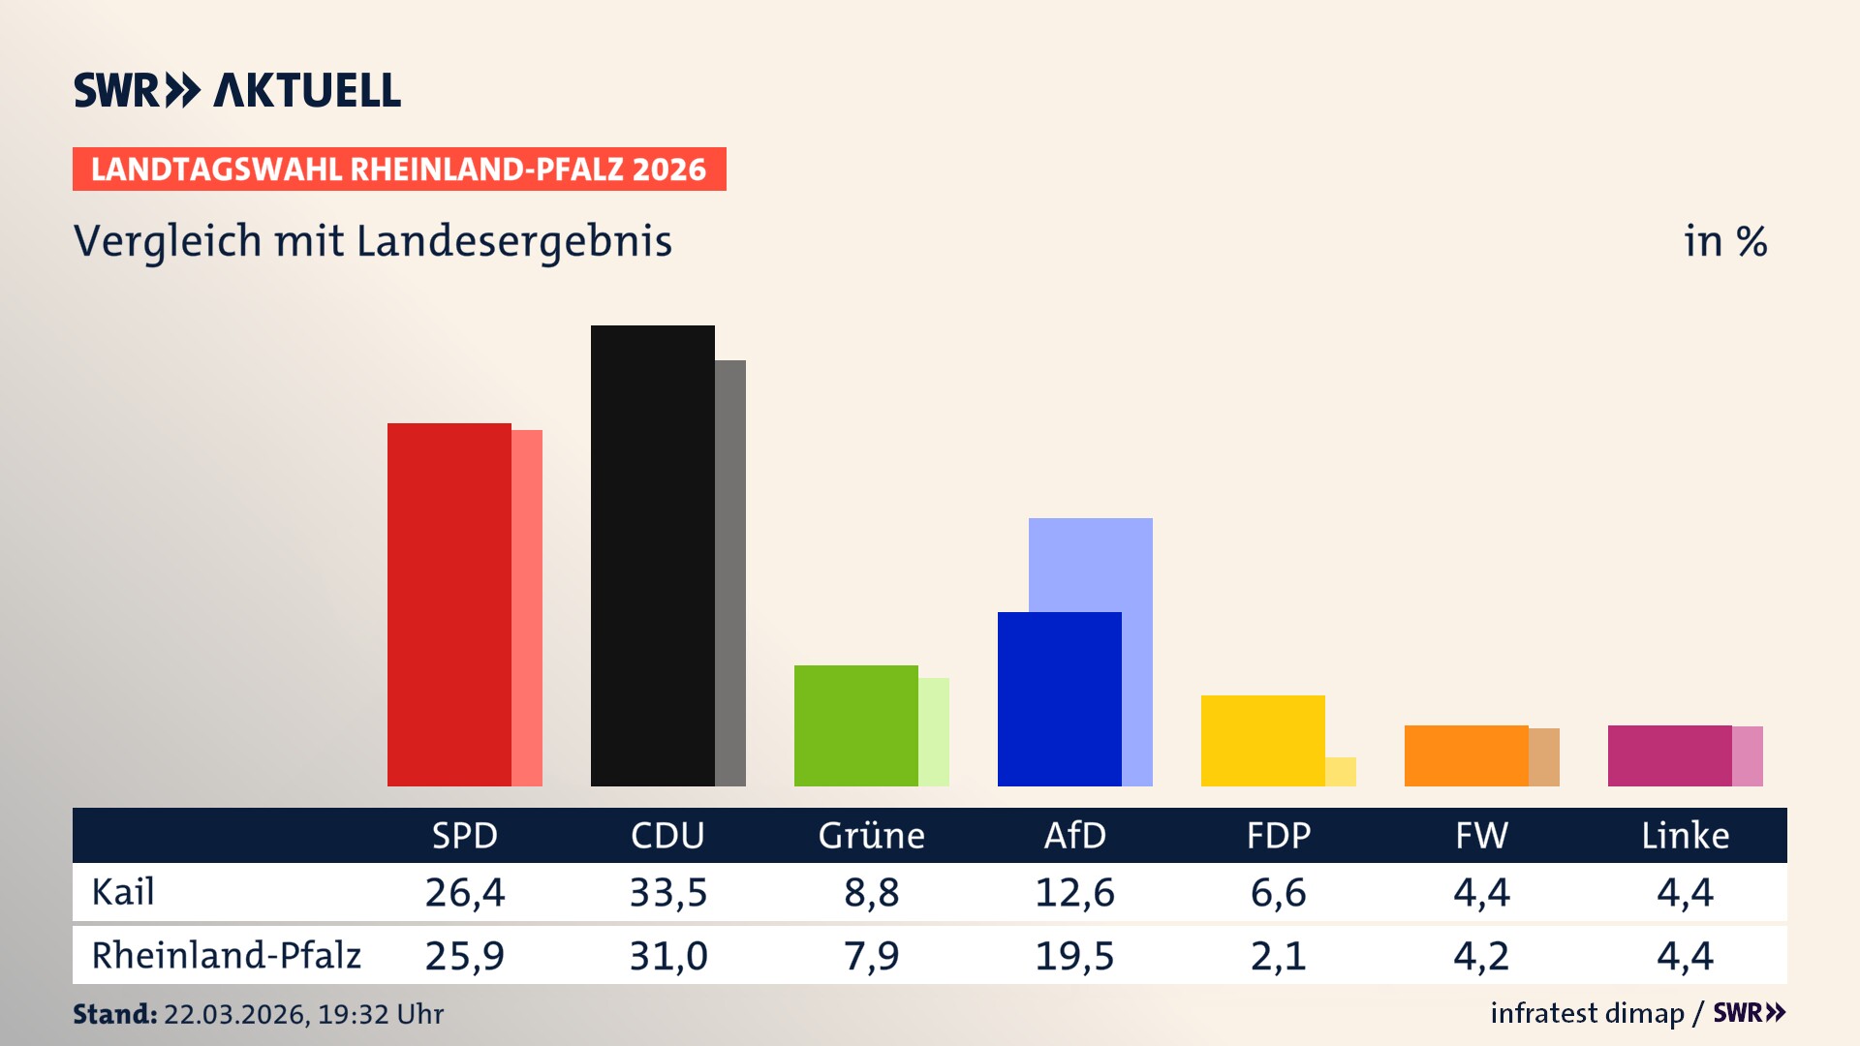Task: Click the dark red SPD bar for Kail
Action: point(449,604)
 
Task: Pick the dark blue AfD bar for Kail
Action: point(1059,698)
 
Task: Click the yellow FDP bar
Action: point(1262,740)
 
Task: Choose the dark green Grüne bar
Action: point(855,725)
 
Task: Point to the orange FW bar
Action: point(1466,755)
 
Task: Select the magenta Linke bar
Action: point(1669,755)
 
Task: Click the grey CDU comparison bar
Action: point(730,572)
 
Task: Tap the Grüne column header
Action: point(871,836)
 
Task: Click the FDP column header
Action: point(1278,836)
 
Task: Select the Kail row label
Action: point(123,892)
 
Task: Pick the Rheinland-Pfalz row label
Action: point(226,956)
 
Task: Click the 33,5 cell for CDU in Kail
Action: point(667,892)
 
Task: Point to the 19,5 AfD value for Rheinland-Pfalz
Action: point(1074,956)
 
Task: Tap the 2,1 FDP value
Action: point(1278,956)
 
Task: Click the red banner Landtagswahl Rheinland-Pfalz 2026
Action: point(399,169)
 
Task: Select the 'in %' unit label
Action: point(1724,241)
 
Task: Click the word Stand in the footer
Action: point(114,1014)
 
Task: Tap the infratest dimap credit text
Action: point(1587,1013)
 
